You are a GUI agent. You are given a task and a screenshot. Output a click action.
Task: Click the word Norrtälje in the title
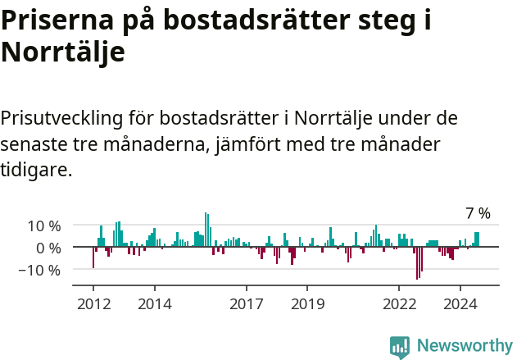[63, 52]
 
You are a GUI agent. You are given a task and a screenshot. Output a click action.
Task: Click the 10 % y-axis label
[43, 226]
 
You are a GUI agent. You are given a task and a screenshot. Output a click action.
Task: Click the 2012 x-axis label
[93, 303]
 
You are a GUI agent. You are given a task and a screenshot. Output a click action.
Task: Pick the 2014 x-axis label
[154, 303]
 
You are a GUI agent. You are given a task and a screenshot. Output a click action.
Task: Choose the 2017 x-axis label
[246, 303]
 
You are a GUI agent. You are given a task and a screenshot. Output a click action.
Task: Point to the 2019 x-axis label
[307, 303]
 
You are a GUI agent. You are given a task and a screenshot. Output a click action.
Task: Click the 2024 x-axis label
[460, 303]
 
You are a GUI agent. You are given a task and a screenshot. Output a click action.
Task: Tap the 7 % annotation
[478, 213]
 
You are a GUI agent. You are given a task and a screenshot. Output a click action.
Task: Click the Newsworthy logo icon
[400, 346]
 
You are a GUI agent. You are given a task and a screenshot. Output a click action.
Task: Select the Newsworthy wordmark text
[464, 346]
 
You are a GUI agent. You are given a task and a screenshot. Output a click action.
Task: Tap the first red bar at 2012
[93, 257]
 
